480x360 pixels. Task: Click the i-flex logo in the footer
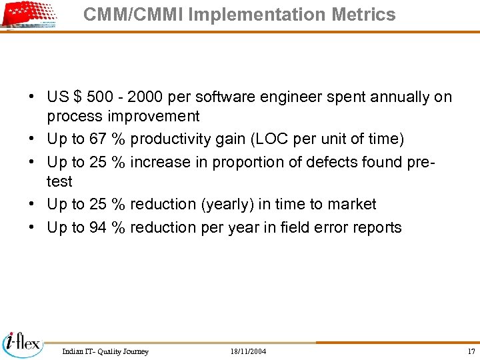[22, 343]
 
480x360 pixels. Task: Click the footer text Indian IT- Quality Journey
[105, 351]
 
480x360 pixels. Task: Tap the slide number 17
[471, 351]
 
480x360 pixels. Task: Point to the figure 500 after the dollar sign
[99, 97]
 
